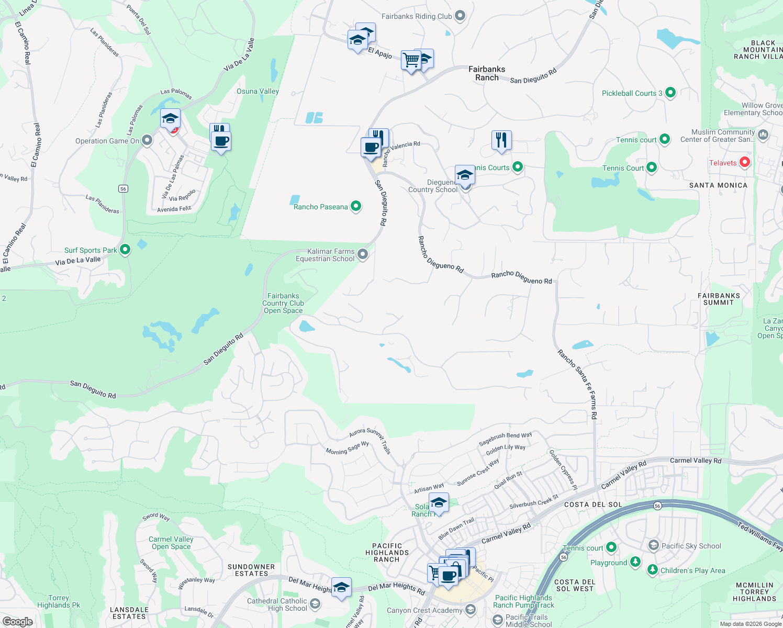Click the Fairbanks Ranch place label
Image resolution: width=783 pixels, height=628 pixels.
[x=487, y=73]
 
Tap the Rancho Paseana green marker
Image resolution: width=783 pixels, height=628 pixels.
[x=356, y=206]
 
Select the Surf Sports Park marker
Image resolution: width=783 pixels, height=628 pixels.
[x=125, y=250]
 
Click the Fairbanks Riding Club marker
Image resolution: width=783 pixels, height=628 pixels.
[x=460, y=16]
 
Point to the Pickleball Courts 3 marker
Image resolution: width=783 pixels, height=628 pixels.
[x=670, y=93]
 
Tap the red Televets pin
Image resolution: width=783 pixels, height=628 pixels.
[x=744, y=162]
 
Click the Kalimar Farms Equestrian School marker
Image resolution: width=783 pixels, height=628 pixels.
[x=363, y=254]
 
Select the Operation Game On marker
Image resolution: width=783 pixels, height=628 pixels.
[x=148, y=140]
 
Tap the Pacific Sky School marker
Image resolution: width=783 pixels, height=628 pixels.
[x=653, y=545]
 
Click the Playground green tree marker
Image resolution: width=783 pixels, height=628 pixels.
[x=635, y=562]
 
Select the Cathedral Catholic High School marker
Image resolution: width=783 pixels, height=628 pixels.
[x=315, y=604]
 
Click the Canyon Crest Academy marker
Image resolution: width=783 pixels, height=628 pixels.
[x=471, y=610]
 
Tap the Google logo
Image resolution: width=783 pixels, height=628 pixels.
[x=18, y=621]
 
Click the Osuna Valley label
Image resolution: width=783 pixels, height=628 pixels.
[x=258, y=91]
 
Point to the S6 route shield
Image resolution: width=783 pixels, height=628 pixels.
[x=123, y=188]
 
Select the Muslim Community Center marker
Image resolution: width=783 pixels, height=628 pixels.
[x=763, y=135]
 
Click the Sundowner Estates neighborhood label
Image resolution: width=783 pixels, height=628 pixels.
[x=251, y=570]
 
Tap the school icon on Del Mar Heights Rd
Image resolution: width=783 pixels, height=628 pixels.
[x=341, y=587]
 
